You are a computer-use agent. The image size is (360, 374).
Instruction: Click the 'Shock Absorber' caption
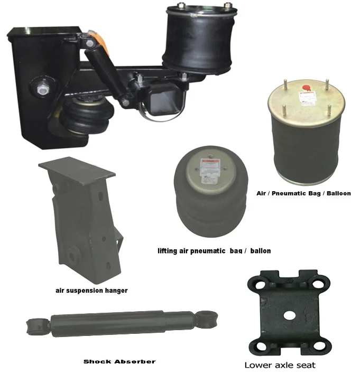click(119, 362)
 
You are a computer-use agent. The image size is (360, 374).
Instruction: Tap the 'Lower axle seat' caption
click(280, 364)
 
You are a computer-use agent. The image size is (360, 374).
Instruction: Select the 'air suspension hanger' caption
click(91, 290)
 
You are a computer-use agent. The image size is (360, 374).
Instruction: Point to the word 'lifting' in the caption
click(169, 250)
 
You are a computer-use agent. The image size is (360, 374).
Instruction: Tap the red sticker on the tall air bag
click(303, 88)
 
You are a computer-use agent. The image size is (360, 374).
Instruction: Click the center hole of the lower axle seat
click(289, 315)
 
